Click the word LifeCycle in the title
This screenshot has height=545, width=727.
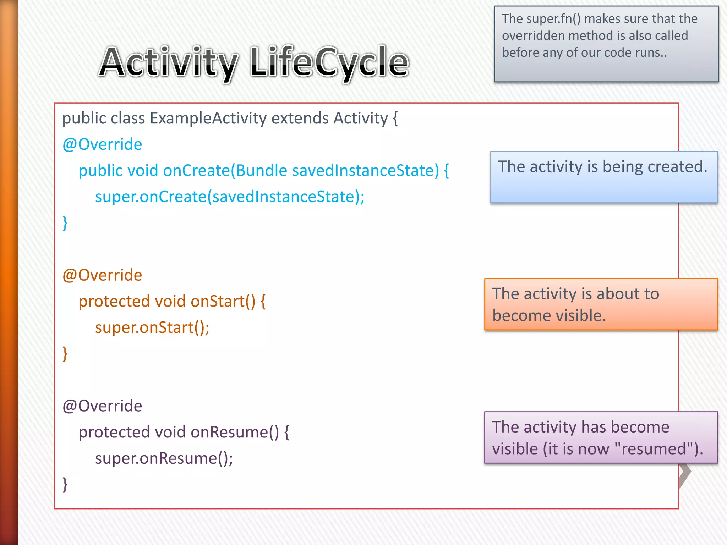[329, 62]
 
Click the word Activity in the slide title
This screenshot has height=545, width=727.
[169, 62]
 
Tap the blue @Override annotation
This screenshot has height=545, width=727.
[102, 144]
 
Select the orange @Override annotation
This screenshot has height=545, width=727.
[102, 275]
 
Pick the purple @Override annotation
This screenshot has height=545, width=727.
[102, 406]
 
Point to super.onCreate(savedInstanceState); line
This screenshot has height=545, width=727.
[230, 197]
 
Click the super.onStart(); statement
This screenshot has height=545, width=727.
[152, 327]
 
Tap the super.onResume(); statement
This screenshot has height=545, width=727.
[164, 458]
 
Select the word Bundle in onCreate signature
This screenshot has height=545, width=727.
[261, 171]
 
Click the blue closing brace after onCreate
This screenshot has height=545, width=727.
[65, 223]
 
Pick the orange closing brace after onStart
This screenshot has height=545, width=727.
[65, 353]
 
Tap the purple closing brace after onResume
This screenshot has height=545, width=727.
[65, 484]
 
